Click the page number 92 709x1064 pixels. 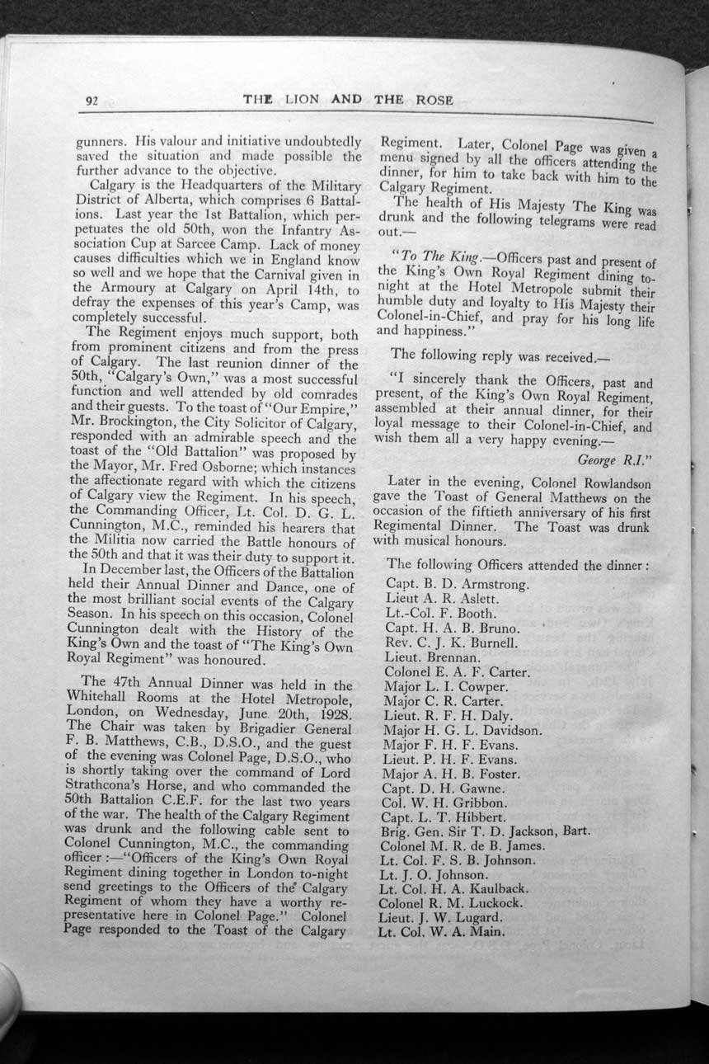pos(92,101)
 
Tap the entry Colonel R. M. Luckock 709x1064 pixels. pos(449,903)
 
